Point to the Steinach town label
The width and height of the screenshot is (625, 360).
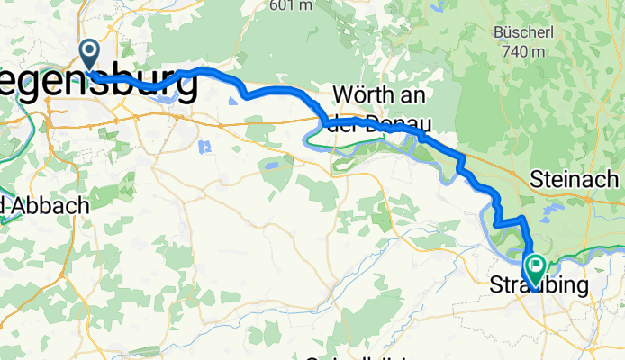(x=576, y=178)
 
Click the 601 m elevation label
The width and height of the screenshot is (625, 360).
(x=292, y=5)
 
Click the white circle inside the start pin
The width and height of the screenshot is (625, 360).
(x=90, y=50)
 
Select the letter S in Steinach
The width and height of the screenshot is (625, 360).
(x=537, y=178)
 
